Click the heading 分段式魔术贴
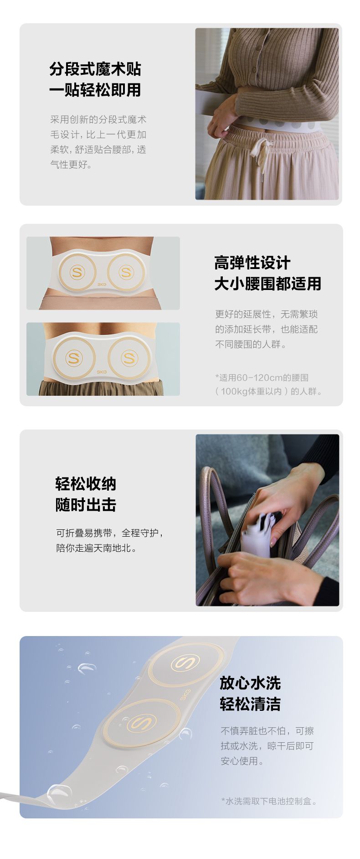95,69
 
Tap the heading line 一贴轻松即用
95,89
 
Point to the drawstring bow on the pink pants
262,150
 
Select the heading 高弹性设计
252,263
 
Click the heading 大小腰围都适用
268,284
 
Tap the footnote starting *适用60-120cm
269,384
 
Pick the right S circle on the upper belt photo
125,272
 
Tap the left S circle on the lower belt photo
74,358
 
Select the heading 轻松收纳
86,484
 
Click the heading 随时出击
86,505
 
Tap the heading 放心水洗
250,683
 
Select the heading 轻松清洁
250,704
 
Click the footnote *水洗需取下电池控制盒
269,801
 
